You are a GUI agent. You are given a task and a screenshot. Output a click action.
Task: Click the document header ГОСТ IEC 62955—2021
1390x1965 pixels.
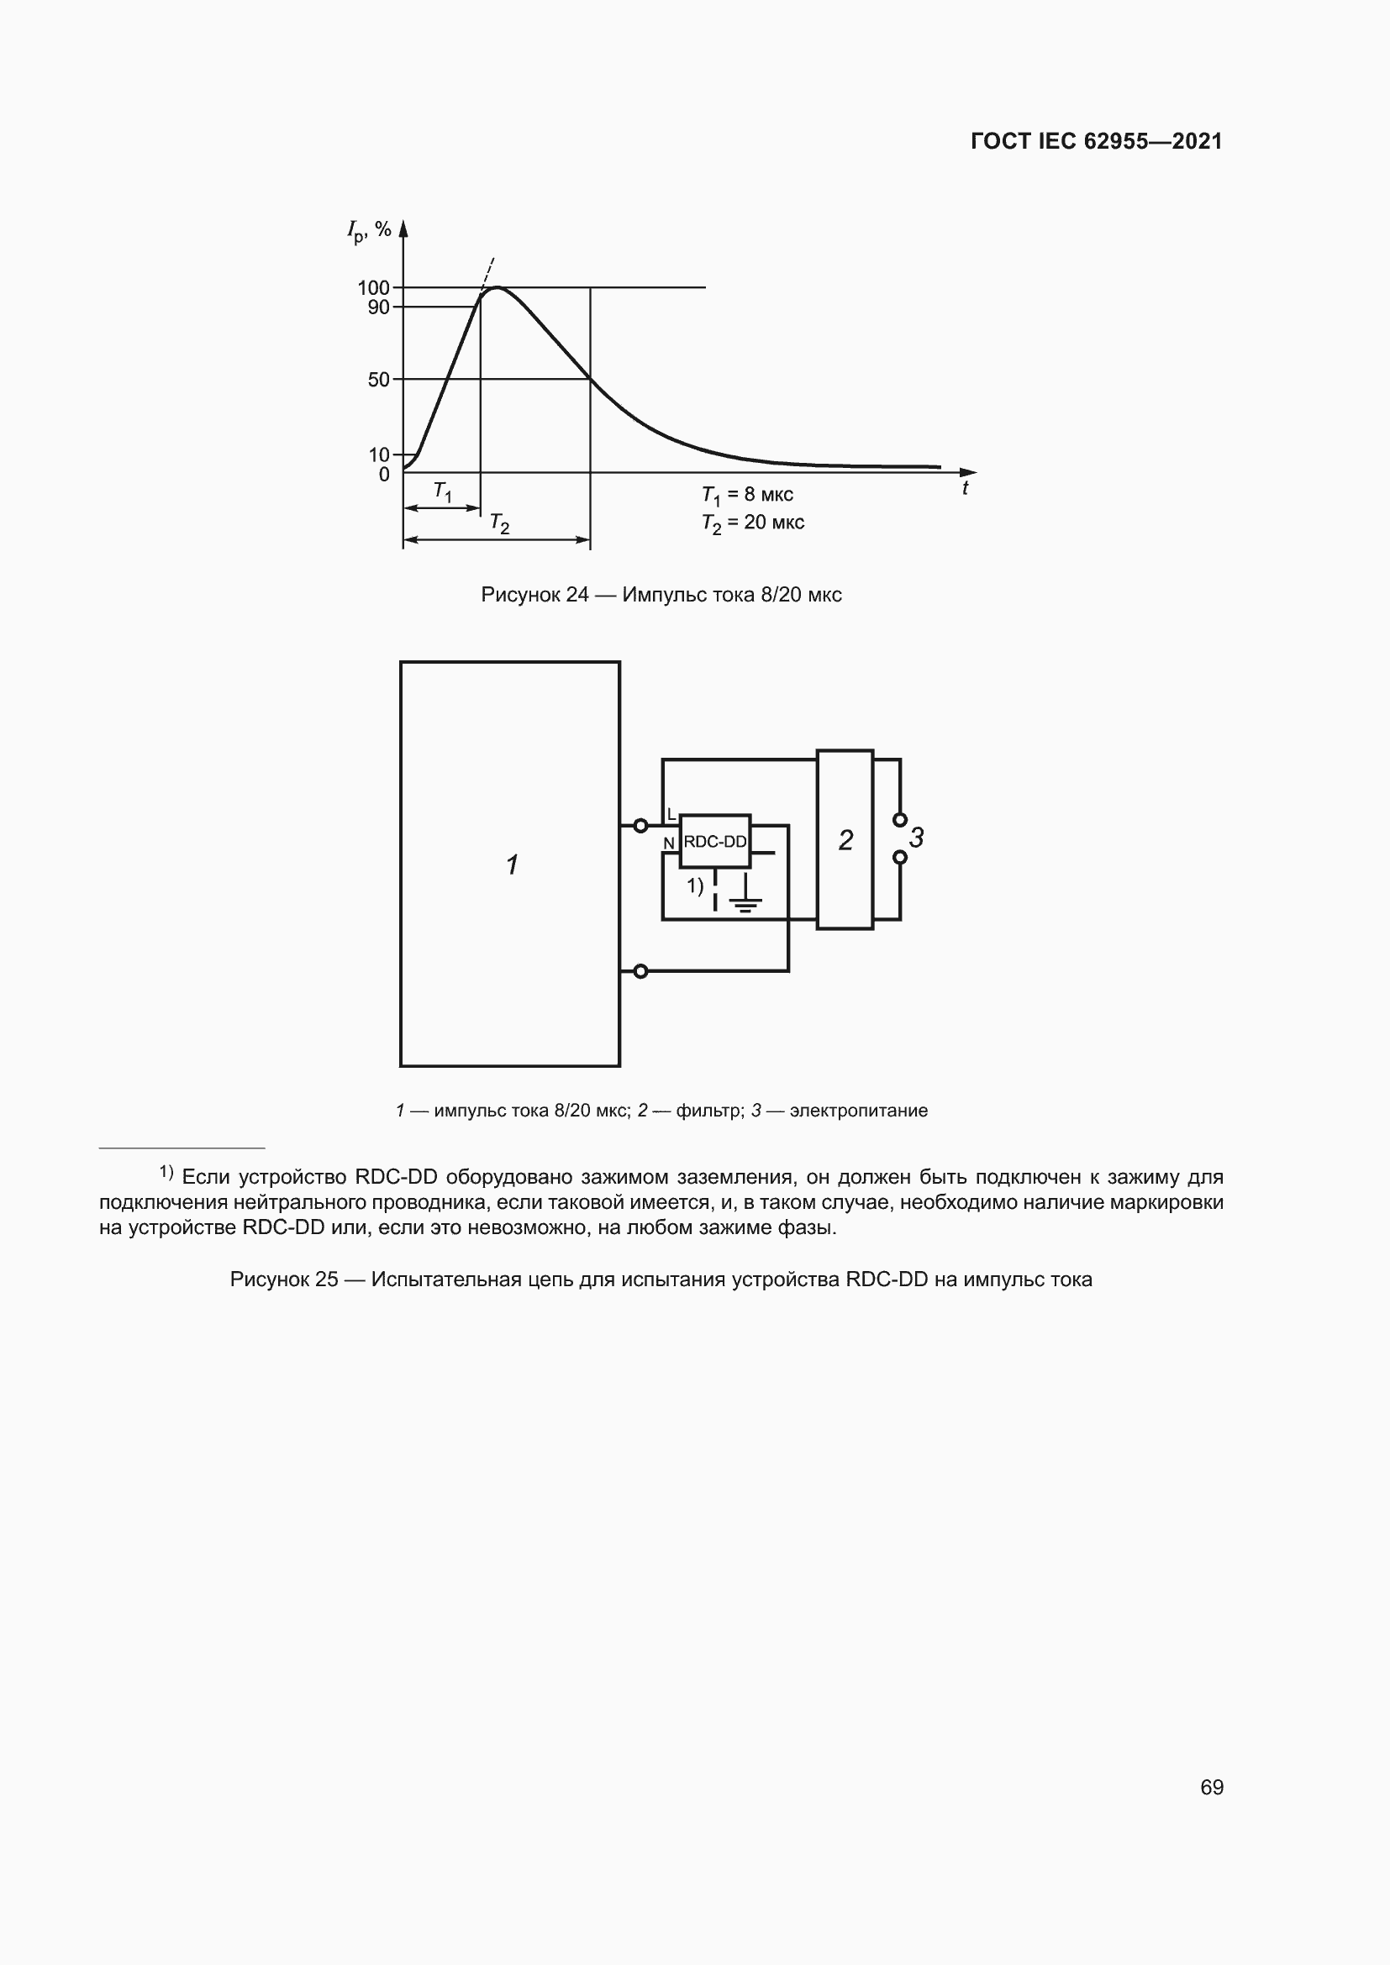[x=1096, y=141]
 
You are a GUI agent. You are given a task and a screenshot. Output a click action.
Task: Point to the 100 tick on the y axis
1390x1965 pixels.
[x=373, y=287]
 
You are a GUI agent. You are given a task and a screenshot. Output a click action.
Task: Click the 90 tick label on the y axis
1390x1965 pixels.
[x=378, y=307]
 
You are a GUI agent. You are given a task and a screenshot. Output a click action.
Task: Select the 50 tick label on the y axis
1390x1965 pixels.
[x=378, y=379]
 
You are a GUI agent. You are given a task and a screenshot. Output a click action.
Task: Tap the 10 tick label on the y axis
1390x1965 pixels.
[x=378, y=454]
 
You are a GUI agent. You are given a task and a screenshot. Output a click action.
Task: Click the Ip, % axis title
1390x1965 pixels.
[x=369, y=230]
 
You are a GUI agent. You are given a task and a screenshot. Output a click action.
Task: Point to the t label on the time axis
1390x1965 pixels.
[x=965, y=488]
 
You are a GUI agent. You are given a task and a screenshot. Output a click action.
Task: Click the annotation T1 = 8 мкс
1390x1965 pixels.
[x=747, y=495]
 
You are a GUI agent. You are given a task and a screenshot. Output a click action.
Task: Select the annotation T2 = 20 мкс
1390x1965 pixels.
[x=752, y=523]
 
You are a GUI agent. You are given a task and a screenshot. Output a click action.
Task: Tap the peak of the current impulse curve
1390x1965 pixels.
[x=497, y=287]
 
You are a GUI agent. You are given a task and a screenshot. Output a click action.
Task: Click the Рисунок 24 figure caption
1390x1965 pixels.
[x=661, y=595]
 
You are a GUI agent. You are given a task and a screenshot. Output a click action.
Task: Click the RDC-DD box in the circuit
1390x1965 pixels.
[x=714, y=841]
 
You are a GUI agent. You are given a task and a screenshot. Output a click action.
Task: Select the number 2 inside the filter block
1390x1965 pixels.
[x=845, y=840]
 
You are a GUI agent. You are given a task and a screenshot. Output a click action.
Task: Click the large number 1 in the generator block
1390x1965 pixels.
[x=512, y=864]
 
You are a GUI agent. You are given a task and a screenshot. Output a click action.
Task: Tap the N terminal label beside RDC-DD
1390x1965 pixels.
[x=669, y=843]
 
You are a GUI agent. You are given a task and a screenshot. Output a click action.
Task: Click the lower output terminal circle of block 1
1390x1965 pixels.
[x=640, y=971]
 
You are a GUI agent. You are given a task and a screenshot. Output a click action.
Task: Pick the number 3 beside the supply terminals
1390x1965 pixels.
[x=917, y=838]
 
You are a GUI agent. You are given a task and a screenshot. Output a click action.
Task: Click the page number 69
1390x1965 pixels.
[x=1211, y=1787]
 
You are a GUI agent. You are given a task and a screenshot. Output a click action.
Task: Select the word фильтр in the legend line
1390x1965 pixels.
[x=709, y=1111]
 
